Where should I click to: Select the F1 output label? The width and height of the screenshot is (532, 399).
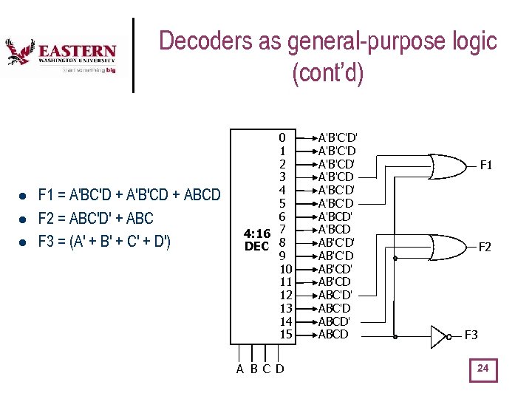pyautogui.click(x=485, y=166)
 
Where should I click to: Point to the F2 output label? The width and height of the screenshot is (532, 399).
pyautogui.click(x=485, y=248)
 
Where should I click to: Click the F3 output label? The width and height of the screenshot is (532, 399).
pyautogui.click(x=471, y=335)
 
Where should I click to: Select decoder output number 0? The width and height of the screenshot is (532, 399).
pyautogui.click(x=282, y=137)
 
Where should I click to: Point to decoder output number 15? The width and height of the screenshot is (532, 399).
pyautogui.click(x=286, y=335)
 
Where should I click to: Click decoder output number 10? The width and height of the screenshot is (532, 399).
pyautogui.click(x=286, y=268)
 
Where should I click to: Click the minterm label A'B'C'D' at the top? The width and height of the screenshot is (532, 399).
pyautogui.click(x=338, y=137)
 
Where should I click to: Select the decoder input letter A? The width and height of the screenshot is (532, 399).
pyautogui.click(x=240, y=369)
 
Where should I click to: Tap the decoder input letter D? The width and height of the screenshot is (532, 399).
pyautogui.click(x=280, y=369)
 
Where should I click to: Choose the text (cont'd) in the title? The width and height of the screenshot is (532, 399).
pyautogui.click(x=328, y=74)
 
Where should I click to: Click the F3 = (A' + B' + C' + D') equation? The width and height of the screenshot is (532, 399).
pyautogui.click(x=104, y=241)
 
